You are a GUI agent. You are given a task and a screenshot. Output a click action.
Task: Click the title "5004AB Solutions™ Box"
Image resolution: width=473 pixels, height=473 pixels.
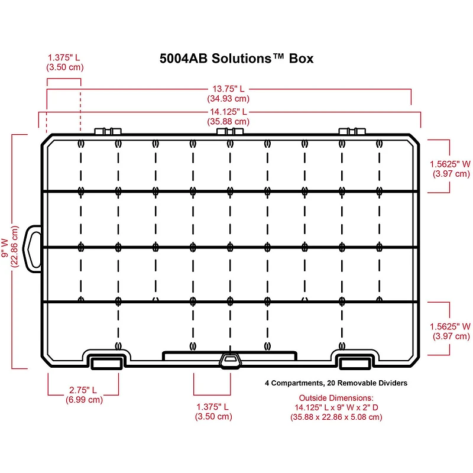pyautogui.click(x=237, y=59)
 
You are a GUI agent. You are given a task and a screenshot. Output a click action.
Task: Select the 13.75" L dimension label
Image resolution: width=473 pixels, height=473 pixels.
pyautogui.click(x=228, y=89)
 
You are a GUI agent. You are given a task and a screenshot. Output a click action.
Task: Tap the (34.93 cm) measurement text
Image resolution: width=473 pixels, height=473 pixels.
pyautogui.click(x=228, y=99)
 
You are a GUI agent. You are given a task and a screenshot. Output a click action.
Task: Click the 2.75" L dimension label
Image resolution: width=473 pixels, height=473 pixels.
pyautogui.click(x=83, y=390)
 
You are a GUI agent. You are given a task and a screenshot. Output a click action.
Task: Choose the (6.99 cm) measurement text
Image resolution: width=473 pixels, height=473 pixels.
pyautogui.click(x=83, y=400)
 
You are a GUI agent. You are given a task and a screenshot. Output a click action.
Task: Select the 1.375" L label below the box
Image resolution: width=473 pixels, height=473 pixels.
pyautogui.click(x=213, y=407)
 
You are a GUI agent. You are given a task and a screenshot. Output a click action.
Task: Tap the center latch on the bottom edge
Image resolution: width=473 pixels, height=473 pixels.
pyautogui.click(x=230, y=360)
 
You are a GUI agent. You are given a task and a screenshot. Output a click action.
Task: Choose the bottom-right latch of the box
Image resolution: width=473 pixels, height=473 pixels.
pyautogui.click(x=355, y=361)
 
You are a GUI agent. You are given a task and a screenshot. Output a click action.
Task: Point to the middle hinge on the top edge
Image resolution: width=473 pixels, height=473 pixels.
pyautogui.click(x=231, y=131)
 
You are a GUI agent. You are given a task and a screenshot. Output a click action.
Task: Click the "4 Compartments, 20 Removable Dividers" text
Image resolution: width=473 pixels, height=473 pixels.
pyautogui.click(x=336, y=383)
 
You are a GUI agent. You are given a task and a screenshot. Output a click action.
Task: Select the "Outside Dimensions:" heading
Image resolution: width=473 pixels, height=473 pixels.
pyautogui.click(x=336, y=398)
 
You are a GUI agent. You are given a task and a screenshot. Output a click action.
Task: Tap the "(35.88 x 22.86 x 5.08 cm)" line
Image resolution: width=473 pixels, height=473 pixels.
pyautogui.click(x=336, y=417)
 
